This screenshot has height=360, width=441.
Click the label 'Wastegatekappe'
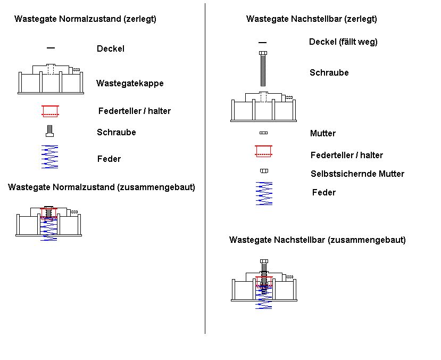130,83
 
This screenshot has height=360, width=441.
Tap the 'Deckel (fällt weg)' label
343,42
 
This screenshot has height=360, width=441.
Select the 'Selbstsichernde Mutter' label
357,174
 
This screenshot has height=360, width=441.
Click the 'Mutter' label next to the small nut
323,133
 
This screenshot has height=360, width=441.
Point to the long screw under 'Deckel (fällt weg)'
263,69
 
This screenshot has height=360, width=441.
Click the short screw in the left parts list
50,130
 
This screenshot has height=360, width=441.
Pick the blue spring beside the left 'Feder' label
50,157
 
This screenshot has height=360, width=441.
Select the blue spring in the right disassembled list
264,193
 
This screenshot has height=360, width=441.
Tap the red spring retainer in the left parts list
51,111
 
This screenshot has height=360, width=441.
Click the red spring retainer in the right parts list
263,151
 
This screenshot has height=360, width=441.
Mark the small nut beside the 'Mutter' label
263,133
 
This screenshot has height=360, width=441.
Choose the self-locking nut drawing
263,171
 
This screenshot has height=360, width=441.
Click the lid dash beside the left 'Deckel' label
51,48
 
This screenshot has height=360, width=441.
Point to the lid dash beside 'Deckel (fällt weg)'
263,42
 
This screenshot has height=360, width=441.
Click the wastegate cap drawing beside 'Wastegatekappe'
51,79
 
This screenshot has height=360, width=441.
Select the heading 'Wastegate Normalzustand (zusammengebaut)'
102,187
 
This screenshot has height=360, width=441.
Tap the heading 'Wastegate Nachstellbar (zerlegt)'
312,19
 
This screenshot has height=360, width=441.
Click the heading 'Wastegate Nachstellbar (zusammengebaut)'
318,240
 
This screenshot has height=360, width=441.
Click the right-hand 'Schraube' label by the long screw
329,72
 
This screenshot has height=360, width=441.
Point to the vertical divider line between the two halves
205,170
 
